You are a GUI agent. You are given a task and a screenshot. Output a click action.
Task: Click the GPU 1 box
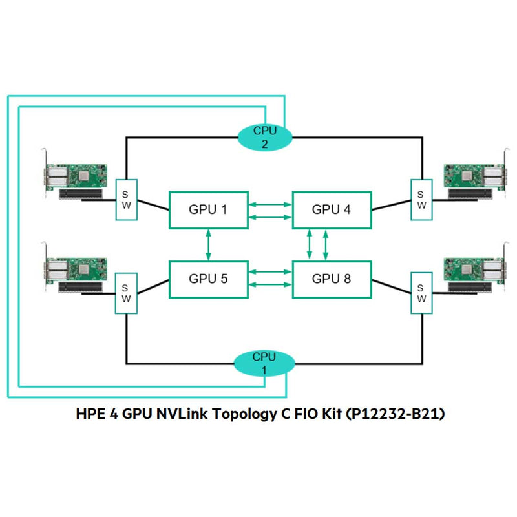tap(207, 209)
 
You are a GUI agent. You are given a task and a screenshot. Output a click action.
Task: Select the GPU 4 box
tap(332, 209)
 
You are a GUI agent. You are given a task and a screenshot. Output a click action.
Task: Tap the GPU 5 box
tap(207, 280)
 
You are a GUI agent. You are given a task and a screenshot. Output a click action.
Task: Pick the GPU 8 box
tap(332, 280)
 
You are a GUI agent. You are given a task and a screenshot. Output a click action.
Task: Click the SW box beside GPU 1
tap(125, 199)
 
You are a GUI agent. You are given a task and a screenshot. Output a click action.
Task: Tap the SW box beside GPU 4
tap(421, 199)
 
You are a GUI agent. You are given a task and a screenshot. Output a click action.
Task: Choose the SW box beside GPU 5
tap(125, 293)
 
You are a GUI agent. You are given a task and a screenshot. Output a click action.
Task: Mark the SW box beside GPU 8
tap(421, 293)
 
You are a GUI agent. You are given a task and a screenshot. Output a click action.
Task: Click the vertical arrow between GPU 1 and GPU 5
tap(207, 244)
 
